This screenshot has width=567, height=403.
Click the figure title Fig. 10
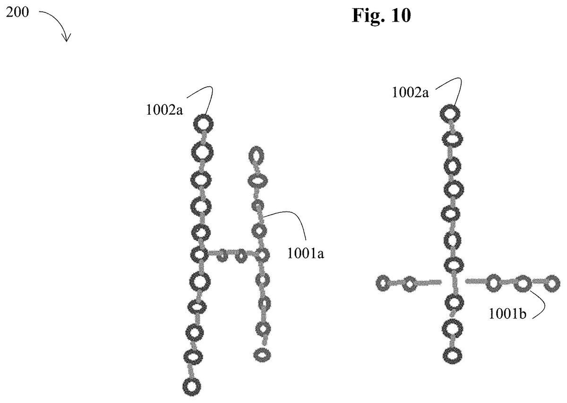[381, 16]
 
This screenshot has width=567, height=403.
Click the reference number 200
[17, 12]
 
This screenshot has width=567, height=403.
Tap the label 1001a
[306, 253]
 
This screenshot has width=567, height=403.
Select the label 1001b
[507, 314]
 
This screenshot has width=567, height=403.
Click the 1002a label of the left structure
[164, 110]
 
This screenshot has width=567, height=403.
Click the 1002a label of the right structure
[410, 92]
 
